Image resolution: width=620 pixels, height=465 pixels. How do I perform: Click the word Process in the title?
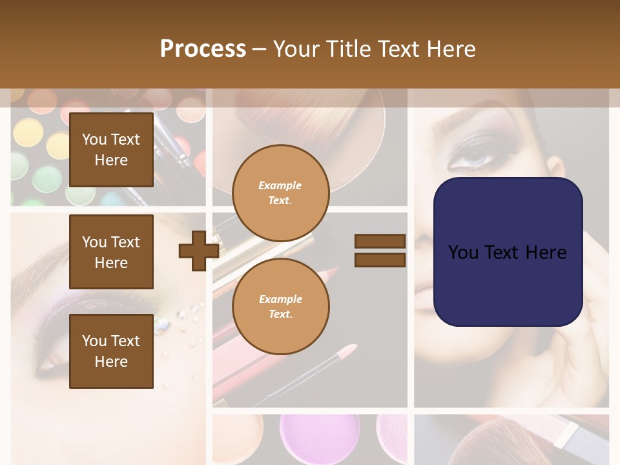click(x=203, y=49)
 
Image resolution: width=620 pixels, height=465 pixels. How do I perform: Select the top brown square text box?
click(x=111, y=150)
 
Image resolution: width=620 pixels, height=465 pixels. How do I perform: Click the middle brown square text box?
click(x=111, y=252)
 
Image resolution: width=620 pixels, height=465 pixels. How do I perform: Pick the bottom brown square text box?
click(x=111, y=351)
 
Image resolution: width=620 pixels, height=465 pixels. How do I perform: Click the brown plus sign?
click(x=198, y=251)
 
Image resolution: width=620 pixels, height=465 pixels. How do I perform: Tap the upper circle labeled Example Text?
click(x=280, y=193)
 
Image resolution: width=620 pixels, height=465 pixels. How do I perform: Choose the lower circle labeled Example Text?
click(x=280, y=307)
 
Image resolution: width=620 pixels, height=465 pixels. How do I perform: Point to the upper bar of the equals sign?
click(x=380, y=242)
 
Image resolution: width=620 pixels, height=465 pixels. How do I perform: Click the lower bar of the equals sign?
click(x=380, y=260)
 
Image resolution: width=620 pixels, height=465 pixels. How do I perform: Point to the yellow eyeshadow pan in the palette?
click(x=26, y=132)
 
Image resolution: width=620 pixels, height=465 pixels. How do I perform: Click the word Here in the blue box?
click(x=544, y=253)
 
